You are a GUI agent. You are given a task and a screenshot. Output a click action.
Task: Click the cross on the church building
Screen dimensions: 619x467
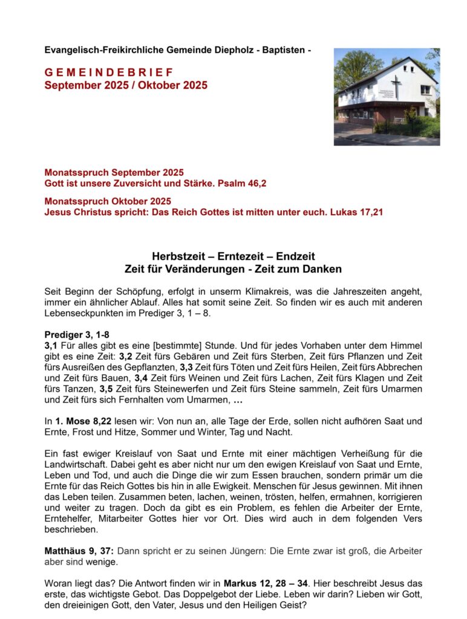396,86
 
